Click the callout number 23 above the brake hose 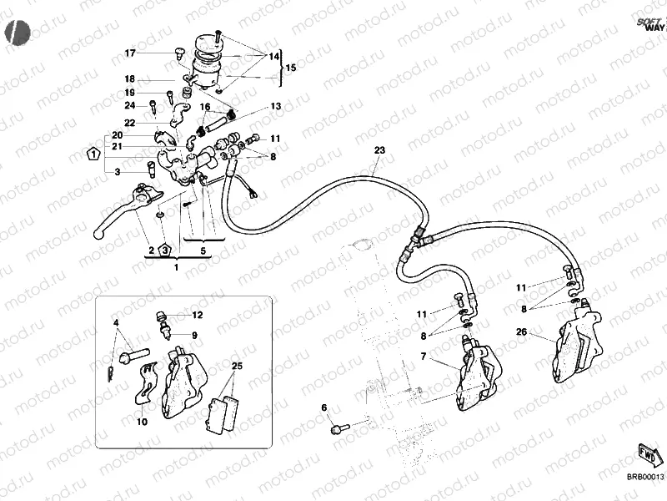380,150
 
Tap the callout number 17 130,53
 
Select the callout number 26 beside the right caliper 521,331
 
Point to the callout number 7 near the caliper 424,357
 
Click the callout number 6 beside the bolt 324,407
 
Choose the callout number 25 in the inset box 237,367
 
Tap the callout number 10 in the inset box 142,423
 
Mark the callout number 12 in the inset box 197,316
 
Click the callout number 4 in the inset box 116,322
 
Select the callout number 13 275,107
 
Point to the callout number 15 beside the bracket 290,68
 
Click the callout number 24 130,105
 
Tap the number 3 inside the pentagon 165,250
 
